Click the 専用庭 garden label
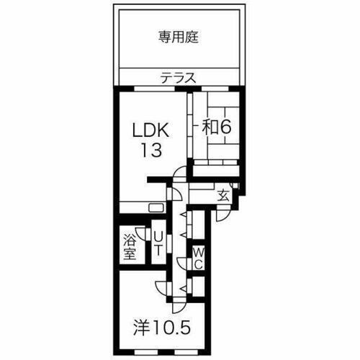(178, 37)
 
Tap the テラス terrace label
(178, 78)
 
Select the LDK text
(151, 131)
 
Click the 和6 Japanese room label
(215, 127)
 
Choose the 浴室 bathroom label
(130, 246)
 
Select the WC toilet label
(199, 258)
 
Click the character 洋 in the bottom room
(142, 328)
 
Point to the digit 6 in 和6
(225, 127)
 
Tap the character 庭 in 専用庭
(194, 37)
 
